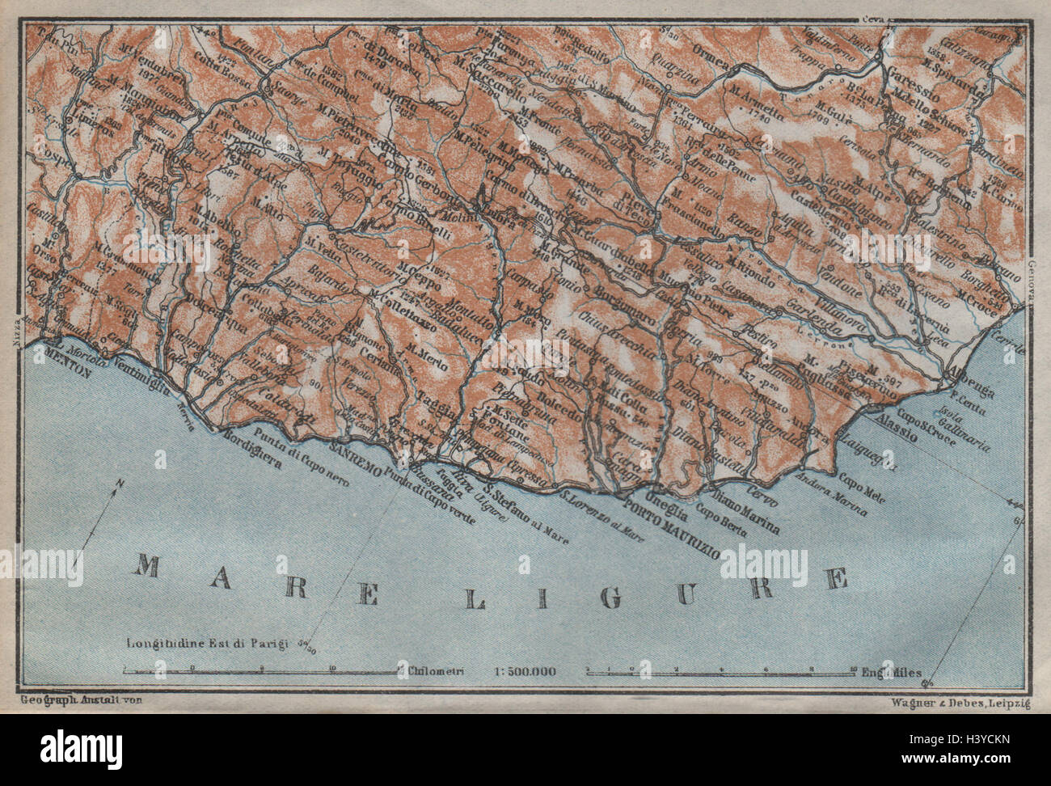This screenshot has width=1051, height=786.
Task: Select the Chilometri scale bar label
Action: [437, 670]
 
